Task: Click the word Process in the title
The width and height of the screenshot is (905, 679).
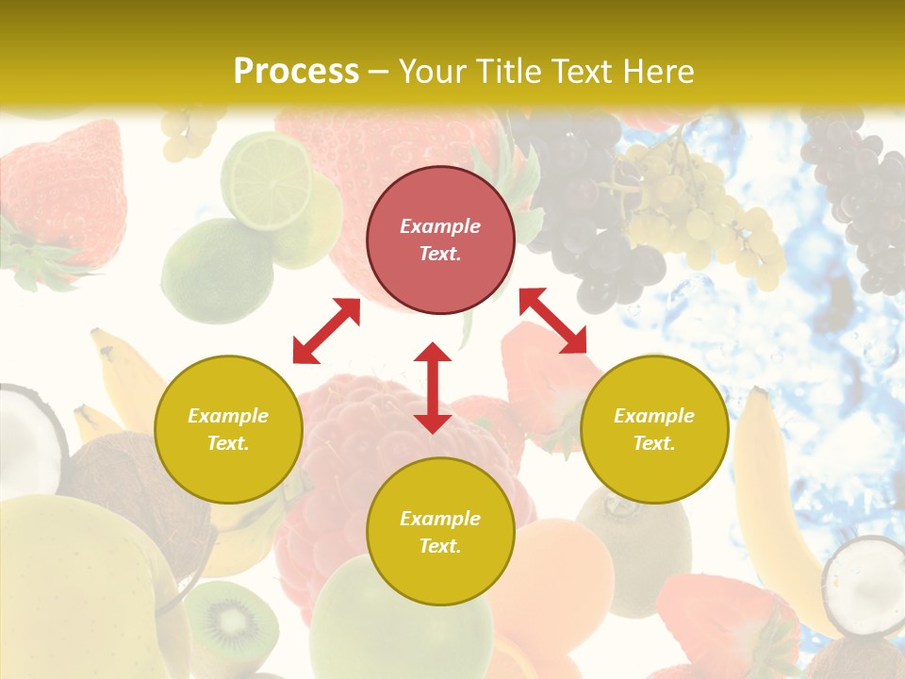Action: pyautogui.click(x=296, y=72)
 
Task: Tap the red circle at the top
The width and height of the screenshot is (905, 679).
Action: pyautogui.click(x=440, y=240)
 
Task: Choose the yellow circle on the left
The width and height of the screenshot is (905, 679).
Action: pyautogui.click(x=228, y=429)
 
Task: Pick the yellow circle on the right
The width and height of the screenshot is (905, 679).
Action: pyautogui.click(x=654, y=429)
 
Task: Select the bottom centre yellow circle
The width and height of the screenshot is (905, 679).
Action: pyautogui.click(x=440, y=532)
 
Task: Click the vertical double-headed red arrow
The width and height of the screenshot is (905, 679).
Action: pyautogui.click(x=433, y=388)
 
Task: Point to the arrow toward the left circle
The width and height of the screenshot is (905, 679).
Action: pyautogui.click(x=326, y=331)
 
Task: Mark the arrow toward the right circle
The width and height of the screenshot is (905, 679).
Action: pyautogui.click(x=552, y=321)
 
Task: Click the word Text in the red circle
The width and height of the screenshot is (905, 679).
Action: pyautogui.click(x=439, y=254)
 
